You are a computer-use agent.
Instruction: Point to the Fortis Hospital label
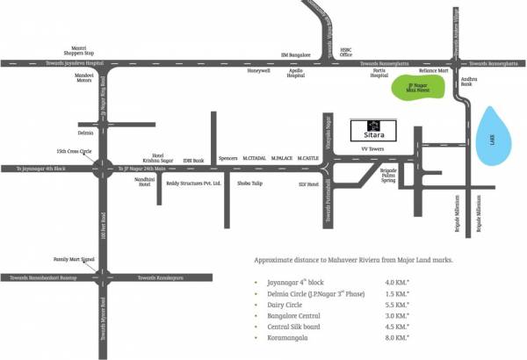(x=379, y=75)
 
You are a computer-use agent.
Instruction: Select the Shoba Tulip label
(x=249, y=184)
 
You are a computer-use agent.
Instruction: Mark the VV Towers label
(x=375, y=151)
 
